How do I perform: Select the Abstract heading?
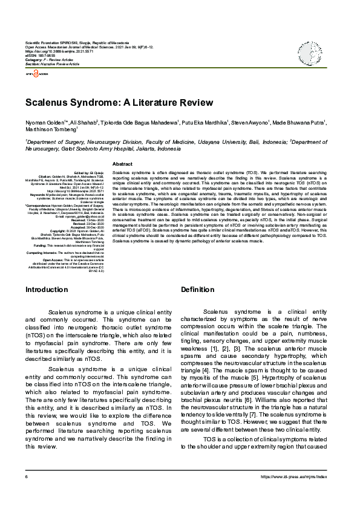[123, 164]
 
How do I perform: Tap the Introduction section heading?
[47, 290]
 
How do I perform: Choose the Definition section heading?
[197, 290]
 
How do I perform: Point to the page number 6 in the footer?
[27, 494]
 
